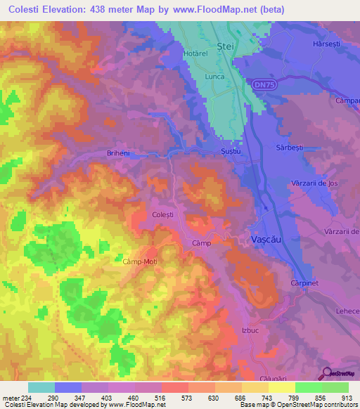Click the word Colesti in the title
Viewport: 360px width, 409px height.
pos(27,10)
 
